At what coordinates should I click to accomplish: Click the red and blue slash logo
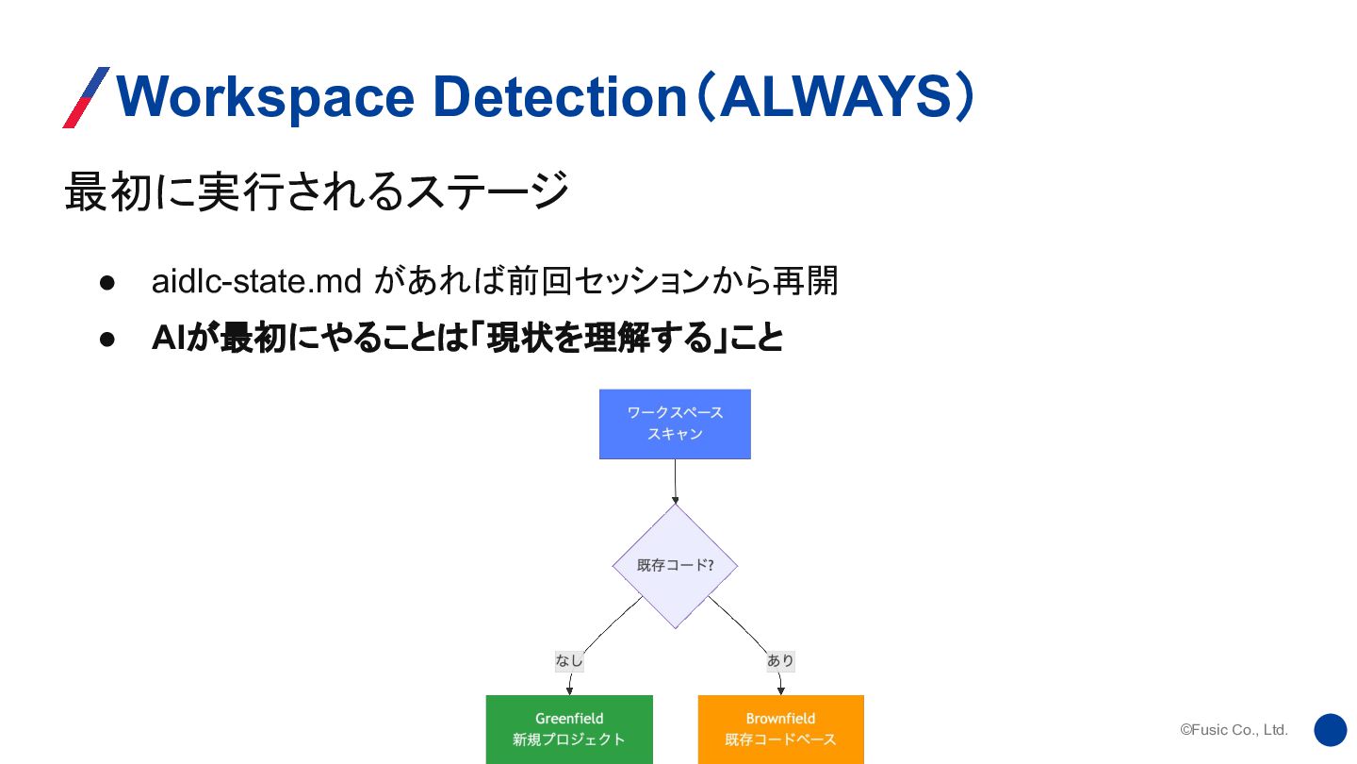click(86, 97)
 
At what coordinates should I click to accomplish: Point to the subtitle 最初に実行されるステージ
click(317, 191)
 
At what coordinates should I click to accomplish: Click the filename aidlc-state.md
click(257, 281)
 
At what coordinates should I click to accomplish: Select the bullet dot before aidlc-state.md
click(106, 282)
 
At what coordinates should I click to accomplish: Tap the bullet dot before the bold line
click(106, 339)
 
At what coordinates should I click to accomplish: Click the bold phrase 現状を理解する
click(597, 338)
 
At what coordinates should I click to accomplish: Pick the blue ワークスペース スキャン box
click(675, 424)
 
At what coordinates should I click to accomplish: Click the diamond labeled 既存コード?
click(675, 566)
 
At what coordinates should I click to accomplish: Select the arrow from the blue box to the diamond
click(675, 482)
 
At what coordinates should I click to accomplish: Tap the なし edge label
click(569, 661)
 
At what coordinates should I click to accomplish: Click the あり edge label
click(780, 661)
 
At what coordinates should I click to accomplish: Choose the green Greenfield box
click(569, 728)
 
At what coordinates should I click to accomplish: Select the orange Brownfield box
click(780, 728)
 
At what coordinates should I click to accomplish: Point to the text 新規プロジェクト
click(569, 739)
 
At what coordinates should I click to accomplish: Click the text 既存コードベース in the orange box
click(780, 739)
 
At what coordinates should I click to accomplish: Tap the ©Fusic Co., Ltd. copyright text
click(1234, 730)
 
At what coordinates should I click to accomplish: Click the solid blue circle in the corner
click(1331, 730)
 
